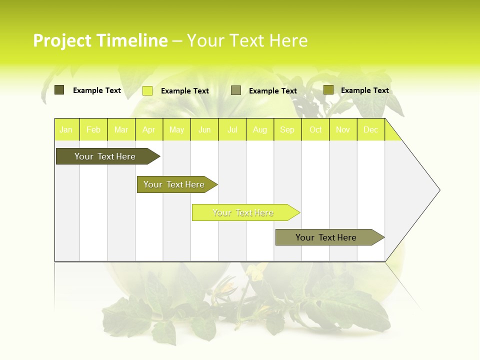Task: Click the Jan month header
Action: pyautogui.click(x=66, y=129)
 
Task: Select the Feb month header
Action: pyautogui.click(x=93, y=129)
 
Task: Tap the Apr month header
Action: pyautogui.click(x=149, y=129)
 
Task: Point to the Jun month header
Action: pyautogui.click(x=204, y=129)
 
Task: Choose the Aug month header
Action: pyautogui.click(x=260, y=129)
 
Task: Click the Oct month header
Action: pyautogui.click(x=315, y=129)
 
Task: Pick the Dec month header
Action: pyautogui.click(x=371, y=129)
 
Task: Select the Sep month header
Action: pyautogui.click(x=287, y=129)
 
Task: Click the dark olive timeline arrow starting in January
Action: pyautogui.click(x=105, y=156)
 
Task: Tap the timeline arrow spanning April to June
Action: pyautogui.click(x=174, y=184)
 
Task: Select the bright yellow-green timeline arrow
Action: pyautogui.click(x=243, y=212)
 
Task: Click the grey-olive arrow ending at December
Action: pyautogui.click(x=326, y=237)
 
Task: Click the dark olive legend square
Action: pyautogui.click(x=59, y=90)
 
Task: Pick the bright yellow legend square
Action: pyautogui.click(x=147, y=90)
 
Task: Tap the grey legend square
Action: pyautogui.click(x=236, y=90)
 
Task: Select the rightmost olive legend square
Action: pyautogui.click(x=328, y=90)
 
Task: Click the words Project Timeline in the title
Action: pyautogui.click(x=100, y=40)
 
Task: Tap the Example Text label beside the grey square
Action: pyautogui.click(x=272, y=91)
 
